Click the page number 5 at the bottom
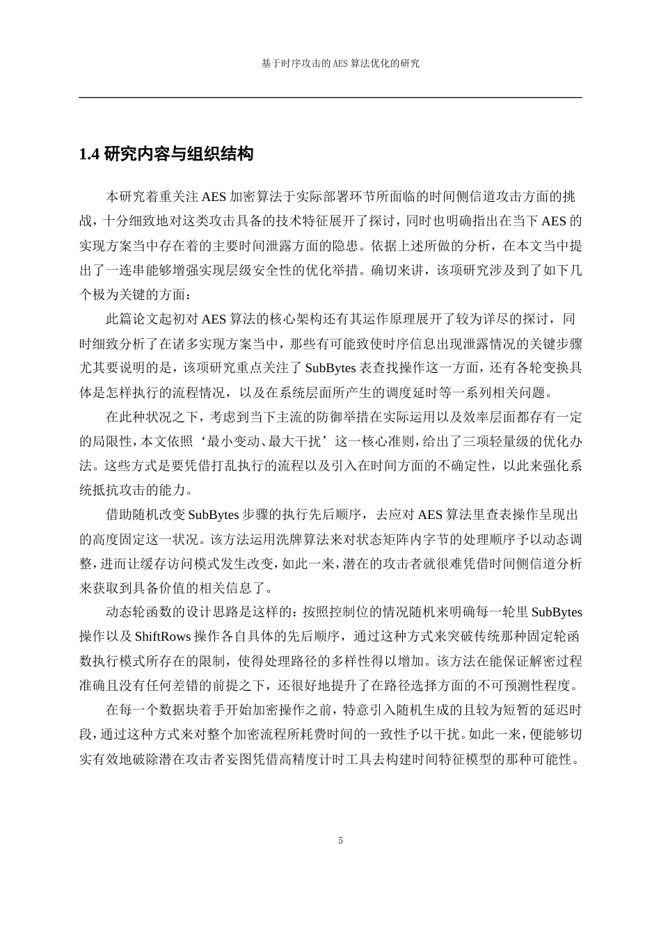340,840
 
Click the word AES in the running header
338,63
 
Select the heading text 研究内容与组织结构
178,154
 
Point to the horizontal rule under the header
330,97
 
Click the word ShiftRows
164,637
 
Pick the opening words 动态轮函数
137,613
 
